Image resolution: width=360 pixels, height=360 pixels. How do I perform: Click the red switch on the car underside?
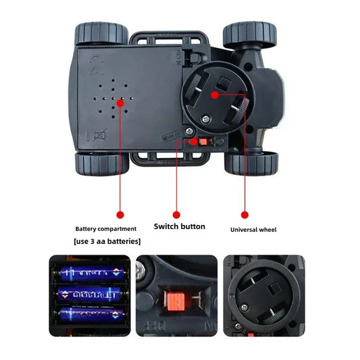[195, 142]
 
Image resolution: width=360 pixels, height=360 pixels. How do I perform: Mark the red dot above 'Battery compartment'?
[121, 215]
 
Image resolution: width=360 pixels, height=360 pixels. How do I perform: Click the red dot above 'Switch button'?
[177, 215]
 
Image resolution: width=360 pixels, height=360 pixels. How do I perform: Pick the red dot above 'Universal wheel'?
[245, 215]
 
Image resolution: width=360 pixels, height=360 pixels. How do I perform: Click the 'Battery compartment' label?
[106, 229]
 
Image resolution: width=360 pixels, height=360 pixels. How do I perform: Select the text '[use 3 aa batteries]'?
[107, 241]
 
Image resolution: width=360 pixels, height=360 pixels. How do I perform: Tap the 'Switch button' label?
[180, 227]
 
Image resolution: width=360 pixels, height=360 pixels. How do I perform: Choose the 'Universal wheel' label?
[253, 230]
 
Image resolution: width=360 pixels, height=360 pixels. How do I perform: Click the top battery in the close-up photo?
[92, 274]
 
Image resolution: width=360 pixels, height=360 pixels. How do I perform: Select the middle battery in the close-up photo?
[92, 295]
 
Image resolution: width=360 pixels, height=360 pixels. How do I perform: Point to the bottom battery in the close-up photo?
[92, 315]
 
